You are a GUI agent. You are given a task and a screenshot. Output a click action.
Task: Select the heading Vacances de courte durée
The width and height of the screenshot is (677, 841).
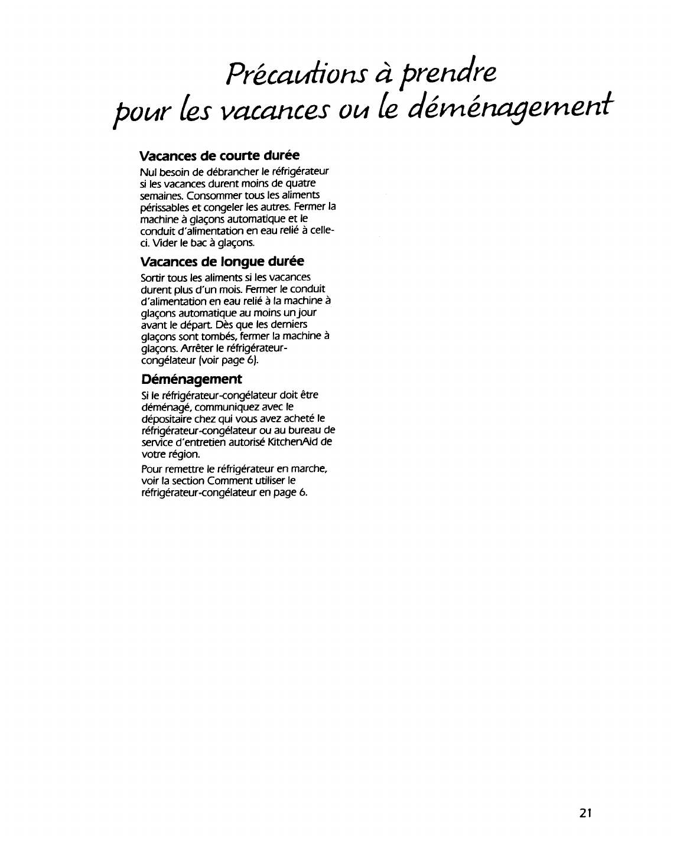[x=219, y=155]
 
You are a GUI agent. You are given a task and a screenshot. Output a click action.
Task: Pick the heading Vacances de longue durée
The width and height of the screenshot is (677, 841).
[x=222, y=261]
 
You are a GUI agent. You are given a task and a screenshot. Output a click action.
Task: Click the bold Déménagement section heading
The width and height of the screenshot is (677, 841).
[x=191, y=378]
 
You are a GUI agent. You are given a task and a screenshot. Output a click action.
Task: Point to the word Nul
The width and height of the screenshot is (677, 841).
[x=147, y=172]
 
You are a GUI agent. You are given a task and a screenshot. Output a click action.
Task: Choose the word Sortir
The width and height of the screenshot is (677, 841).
[x=152, y=278]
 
